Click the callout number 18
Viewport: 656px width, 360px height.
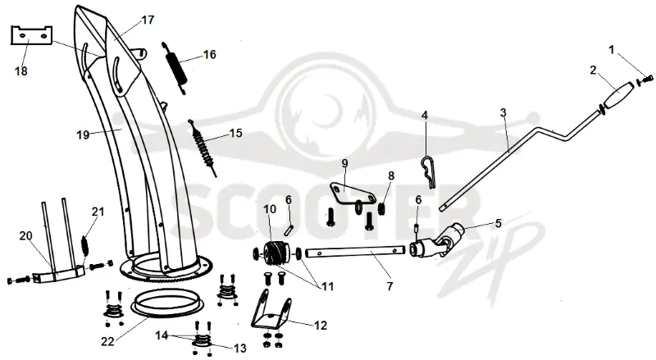pos(21,71)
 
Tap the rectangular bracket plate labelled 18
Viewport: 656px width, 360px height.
pos(31,35)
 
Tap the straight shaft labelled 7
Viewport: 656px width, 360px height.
pos(356,252)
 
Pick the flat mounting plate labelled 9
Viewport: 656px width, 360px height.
pos(352,193)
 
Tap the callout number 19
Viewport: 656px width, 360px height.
pos(83,134)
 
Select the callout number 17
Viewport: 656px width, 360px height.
pos(148,20)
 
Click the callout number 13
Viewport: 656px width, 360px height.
pos(239,348)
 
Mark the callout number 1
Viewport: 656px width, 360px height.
pos(611,50)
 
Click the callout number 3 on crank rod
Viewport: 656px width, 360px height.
pos(503,112)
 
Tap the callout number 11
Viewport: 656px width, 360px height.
pos(327,287)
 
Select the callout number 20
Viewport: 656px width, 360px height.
pos(25,236)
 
